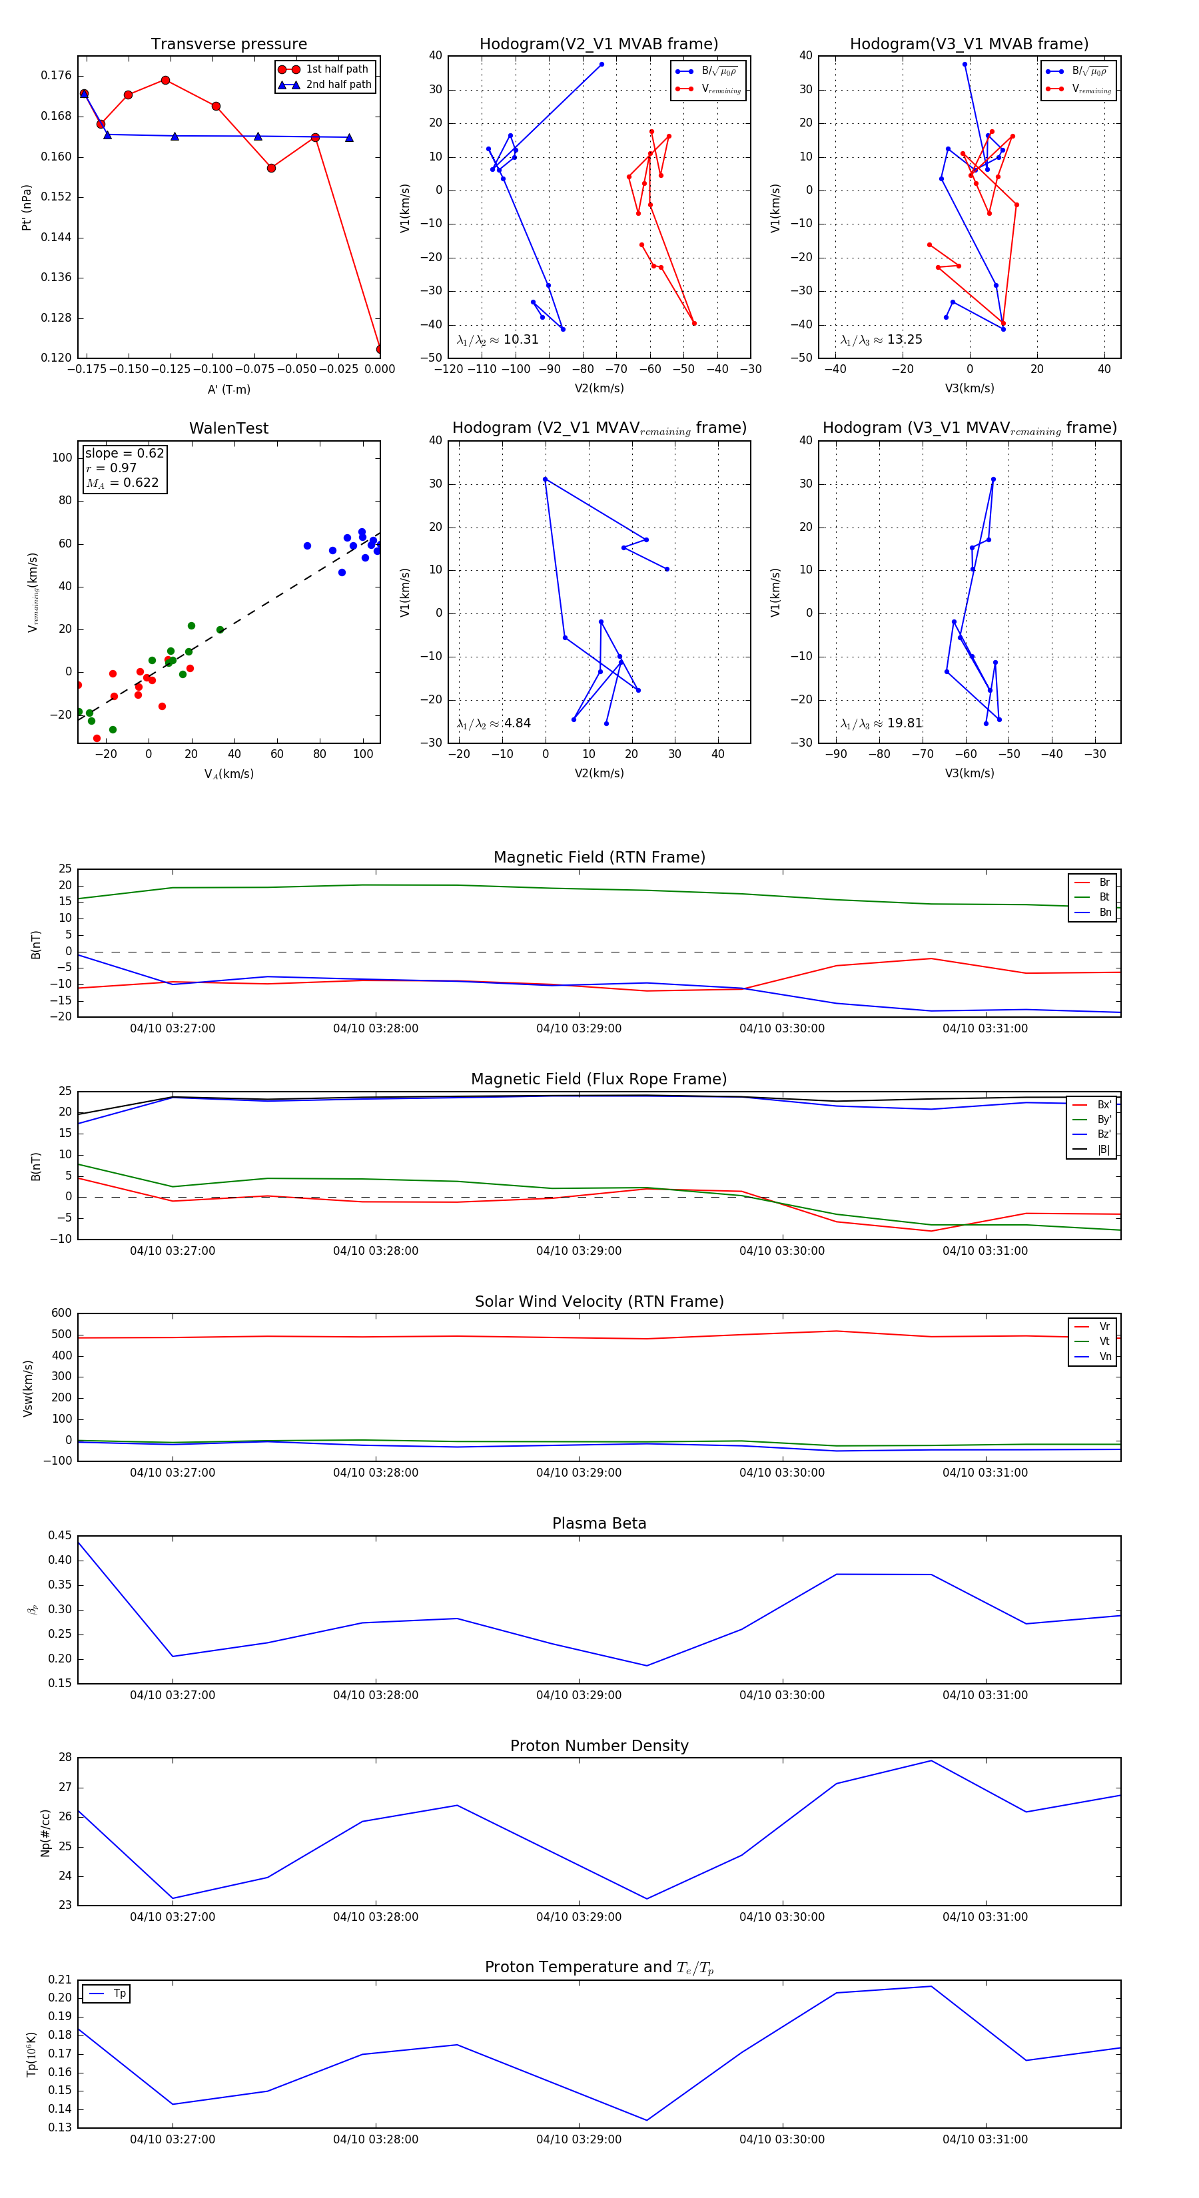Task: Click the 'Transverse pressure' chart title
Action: pyautogui.click(x=228, y=45)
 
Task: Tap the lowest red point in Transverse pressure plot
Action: pyautogui.click(x=380, y=349)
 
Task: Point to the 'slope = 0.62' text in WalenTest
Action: pyautogui.click(x=124, y=453)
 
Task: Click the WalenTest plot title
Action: pyautogui.click(x=228, y=428)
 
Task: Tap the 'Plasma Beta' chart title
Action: pyautogui.click(x=599, y=1524)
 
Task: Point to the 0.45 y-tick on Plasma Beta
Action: pyautogui.click(x=60, y=1536)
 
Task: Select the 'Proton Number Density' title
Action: pyautogui.click(x=599, y=1746)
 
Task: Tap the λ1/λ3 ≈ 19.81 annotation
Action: pyautogui.click(x=881, y=723)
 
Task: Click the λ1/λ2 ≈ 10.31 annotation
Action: pyautogui.click(x=498, y=340)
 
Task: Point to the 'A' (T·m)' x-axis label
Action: pyautogui.click(x=228, y=389)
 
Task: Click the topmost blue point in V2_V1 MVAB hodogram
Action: pyautogui.click(x=601, y=64)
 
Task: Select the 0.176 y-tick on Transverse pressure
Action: pyautogui.click(x=57, y=76)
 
